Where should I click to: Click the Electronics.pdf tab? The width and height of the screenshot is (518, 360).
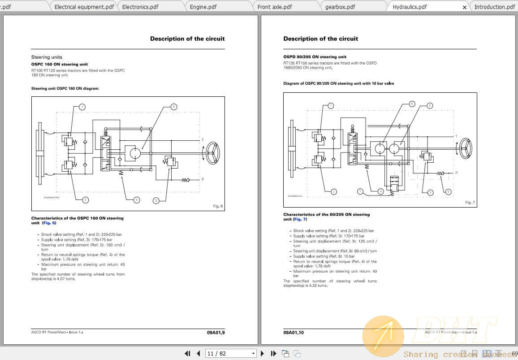click(140, 7)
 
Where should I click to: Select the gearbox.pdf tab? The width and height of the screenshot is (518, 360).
click(340, 7)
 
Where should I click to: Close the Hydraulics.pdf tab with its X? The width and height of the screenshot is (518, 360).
click(465, 7)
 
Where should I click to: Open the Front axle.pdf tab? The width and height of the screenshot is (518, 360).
click(275, 7)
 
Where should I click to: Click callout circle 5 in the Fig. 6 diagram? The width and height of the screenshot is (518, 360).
click(173, 107)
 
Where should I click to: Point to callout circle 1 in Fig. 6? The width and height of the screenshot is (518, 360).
click(82, 107)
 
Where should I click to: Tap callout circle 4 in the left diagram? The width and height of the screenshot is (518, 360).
click(137, 200)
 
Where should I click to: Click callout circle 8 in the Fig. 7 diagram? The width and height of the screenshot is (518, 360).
click(429, 106)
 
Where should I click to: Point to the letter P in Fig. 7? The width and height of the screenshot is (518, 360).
click(457, 173)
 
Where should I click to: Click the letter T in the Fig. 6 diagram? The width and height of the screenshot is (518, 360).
click(203, 140)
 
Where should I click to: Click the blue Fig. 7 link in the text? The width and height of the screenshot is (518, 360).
click(300, 219)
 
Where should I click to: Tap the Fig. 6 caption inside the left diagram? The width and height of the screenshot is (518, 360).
click(218, 206)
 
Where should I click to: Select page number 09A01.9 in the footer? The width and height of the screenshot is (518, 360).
click(216, 333)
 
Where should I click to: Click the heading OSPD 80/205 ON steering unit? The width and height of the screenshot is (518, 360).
click(315, 57)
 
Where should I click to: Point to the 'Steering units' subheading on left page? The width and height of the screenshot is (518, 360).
click(47, 57)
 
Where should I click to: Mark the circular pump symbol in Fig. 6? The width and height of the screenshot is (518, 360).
click(135, 153)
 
